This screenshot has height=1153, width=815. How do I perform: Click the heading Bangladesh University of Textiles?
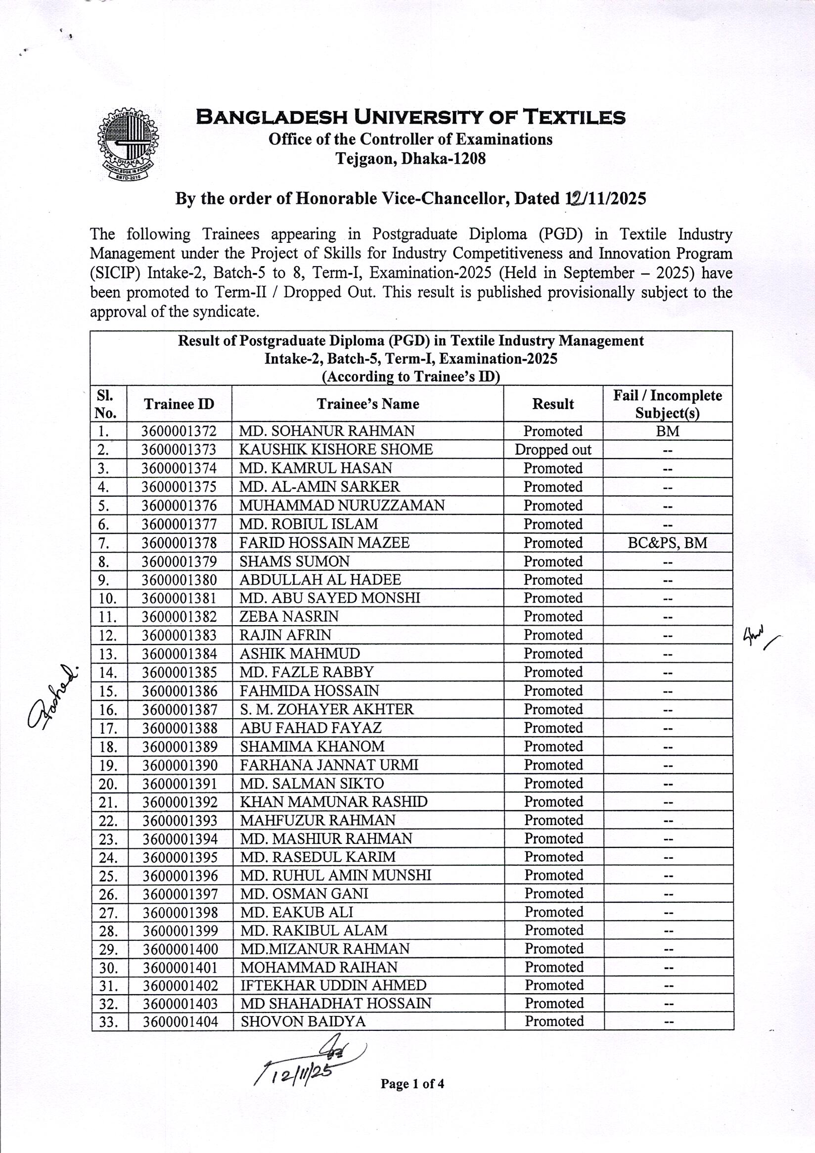pyautogui.click(x=410, y=117)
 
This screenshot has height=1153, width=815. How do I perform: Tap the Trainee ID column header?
pyautogui.click(x=179, y=404)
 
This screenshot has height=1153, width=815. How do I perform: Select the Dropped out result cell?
pyautogui.click(x=553, y=450)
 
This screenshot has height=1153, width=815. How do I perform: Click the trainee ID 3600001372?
pyautogui.click(x=179, y=431)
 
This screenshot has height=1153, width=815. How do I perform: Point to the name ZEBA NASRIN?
pyautogui.click(x=289, y=616)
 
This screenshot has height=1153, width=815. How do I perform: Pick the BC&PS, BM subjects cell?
pyautogui.click(x=667, y=543)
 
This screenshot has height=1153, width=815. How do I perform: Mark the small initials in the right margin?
pyautogui.click(x=759, y=638)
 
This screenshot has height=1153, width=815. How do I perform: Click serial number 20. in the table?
pyautogui.click(x=108, y=784)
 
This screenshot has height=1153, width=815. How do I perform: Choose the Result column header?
pyautogui.click(x=553, y=404)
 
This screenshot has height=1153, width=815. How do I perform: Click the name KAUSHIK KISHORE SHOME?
pyautogui.click(x=335, y=450)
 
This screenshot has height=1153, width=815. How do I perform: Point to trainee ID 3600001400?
pyautogui.click(x=181, y=949)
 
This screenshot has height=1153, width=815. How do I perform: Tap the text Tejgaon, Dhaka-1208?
pyautogui.click(x=410, y=159)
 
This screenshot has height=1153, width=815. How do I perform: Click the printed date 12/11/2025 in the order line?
pyautogui.click(x=603, y=199)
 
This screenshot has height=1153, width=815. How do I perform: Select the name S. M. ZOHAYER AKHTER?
pyautogui.click(x=326, y=709)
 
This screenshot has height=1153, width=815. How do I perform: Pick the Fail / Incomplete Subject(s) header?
pyautogui.click(x=667, y=404)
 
